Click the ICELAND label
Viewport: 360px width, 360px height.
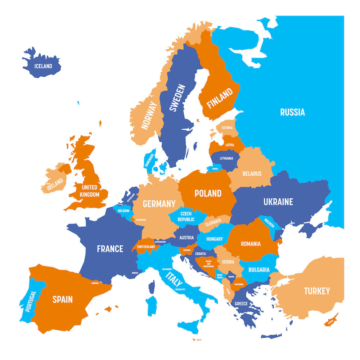[43, 66]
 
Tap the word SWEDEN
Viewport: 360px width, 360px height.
[177, 98]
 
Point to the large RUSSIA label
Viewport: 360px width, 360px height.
[292, 112]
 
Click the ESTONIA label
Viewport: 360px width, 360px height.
[227, 128]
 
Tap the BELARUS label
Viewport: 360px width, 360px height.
[252, 174]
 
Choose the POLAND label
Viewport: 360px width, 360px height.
[208, 193]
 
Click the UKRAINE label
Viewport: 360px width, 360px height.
[278, 202]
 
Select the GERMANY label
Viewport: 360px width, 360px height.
[159, 204]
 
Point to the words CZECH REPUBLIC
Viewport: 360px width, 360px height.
[186, 216]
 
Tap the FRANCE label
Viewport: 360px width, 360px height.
[110, 248]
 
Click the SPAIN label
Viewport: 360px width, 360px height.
[63, 299]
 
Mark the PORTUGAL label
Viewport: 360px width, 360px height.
[31, 301]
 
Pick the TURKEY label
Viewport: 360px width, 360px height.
[317, 291]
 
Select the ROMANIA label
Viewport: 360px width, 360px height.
[251, 244]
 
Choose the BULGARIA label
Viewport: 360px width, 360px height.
[259, 270]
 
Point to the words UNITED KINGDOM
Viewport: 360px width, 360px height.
[90, 191]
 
